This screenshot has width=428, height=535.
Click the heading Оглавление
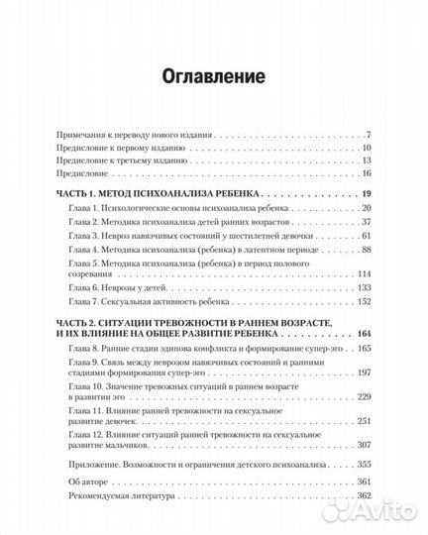pyautogui.click(x=213, y=75)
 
